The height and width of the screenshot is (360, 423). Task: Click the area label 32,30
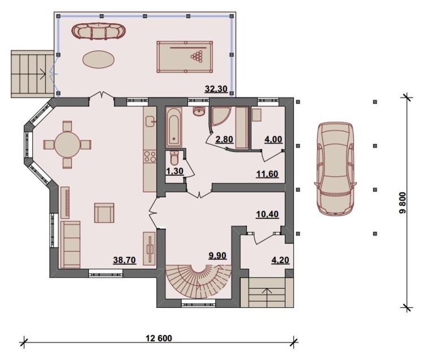(216, 88)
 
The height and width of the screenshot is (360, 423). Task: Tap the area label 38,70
(125, 260)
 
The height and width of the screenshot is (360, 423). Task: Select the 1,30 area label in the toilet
(175, 171)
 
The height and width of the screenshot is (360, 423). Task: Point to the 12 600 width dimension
(159, 338)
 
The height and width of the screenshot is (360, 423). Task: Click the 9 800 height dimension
(402, 203)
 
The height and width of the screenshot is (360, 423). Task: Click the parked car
(335, 169)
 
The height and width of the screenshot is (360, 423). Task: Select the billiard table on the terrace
(185, 57)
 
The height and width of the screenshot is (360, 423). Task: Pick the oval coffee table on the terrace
(98, 59)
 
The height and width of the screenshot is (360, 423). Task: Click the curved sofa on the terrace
(99, 31)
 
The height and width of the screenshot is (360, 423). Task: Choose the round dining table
(67, 144)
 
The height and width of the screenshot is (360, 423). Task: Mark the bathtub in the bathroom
(173, 127)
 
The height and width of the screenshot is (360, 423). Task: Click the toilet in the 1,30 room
(174, 158)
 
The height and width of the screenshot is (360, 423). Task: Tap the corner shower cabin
(220, 117)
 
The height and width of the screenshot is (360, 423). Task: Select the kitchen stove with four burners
(150, 156)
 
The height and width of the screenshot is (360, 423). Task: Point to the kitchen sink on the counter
(149, 121)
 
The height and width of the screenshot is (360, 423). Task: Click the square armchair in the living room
(104, 213)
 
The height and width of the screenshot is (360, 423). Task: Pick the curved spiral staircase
(198, 281)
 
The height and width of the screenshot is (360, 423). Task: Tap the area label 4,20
(280, 260)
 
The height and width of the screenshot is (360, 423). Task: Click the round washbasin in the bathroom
(199, 111)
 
